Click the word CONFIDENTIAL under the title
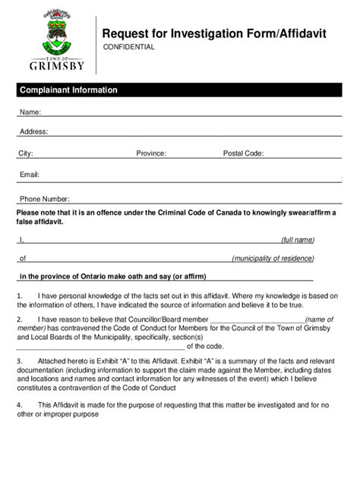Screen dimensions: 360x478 point(129,47)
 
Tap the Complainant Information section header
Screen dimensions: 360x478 point(68,90)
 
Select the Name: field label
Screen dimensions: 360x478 point(30,112)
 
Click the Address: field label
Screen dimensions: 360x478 point(33,131)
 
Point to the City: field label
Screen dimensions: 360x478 point(26,153)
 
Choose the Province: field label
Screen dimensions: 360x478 point(151,153)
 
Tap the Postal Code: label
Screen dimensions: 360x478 point(243,153)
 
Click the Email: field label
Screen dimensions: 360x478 point(30,175)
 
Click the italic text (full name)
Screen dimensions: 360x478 point(298,240)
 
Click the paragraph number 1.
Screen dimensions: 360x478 point(20,296)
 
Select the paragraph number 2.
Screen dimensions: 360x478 point(20,319)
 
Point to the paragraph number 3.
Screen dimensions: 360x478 point(20,361)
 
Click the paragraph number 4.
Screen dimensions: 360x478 point(20,405)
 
